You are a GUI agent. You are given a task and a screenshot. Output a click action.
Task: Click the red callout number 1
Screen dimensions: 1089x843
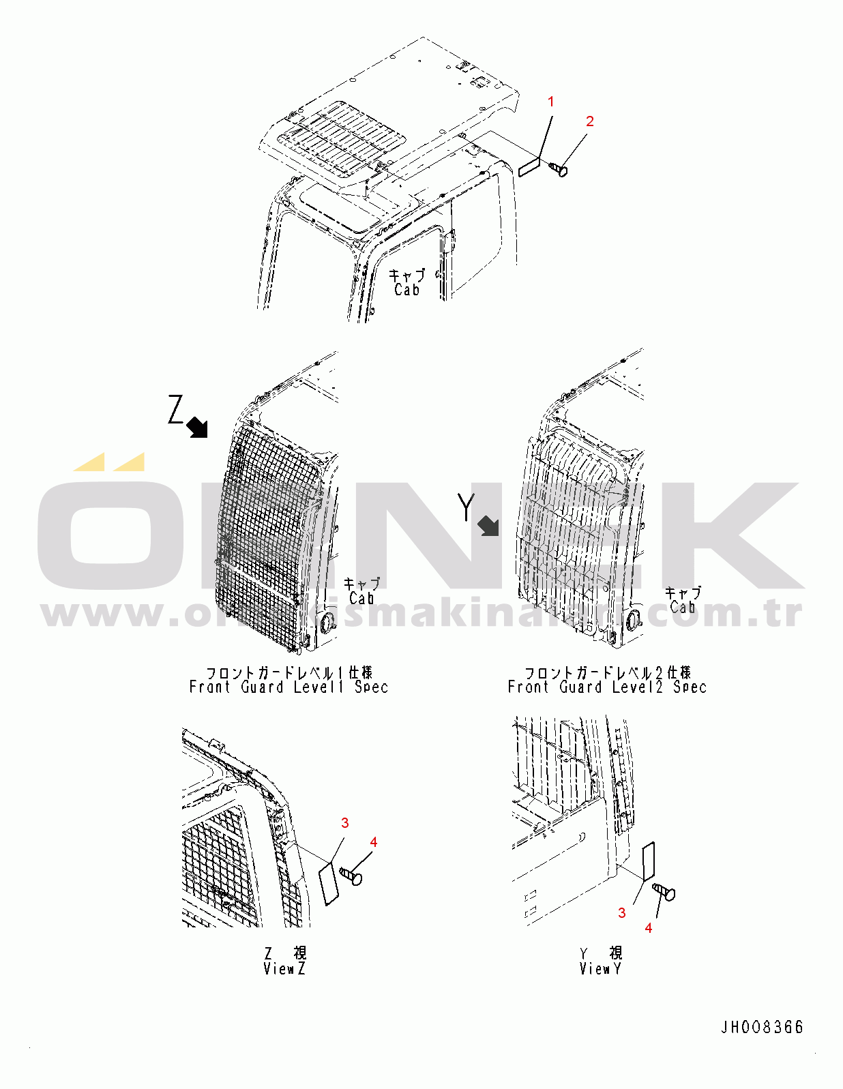tap(551, 102)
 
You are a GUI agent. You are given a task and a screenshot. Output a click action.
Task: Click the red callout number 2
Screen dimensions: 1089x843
tap(590, 121)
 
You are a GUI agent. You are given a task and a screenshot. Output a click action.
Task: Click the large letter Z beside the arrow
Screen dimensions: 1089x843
tap(177, 411)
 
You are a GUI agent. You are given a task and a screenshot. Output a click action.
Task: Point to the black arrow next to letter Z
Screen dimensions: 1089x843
tap(198, 428)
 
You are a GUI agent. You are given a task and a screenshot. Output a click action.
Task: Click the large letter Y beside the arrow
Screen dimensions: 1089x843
tap(466, 507)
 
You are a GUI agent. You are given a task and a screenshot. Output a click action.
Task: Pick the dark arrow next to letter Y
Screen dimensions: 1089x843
tap(488, 526)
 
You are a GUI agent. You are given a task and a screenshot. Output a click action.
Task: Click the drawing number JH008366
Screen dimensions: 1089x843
tap(763, 1027)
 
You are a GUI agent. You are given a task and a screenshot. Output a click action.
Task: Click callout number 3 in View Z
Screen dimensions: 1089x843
tap(345, 823)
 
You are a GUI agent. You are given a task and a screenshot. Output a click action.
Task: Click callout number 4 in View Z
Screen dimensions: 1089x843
tap(374, 842)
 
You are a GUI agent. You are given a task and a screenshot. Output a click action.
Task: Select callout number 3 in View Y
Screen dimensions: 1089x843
tap(621, 912)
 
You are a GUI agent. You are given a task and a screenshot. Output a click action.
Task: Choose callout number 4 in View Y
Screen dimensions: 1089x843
tap(649, 928)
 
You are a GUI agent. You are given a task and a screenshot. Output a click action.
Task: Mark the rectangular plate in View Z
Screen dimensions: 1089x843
tap(329, 884)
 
